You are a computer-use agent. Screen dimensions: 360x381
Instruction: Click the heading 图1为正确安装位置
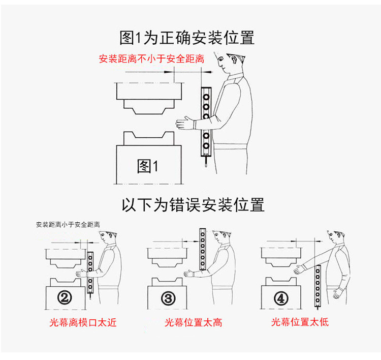click(186, 37)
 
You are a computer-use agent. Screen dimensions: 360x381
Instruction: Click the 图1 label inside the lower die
click(148, 166)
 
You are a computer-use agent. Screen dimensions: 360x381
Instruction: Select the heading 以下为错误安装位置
click(193, 204)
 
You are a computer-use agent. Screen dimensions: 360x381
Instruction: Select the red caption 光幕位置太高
click(193, 322)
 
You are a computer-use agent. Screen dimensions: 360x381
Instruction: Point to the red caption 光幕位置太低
click(300, 322)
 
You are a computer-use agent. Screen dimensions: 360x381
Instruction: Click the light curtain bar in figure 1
click(206, 122)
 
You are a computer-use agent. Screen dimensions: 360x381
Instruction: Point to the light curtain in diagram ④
click(318, 285)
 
